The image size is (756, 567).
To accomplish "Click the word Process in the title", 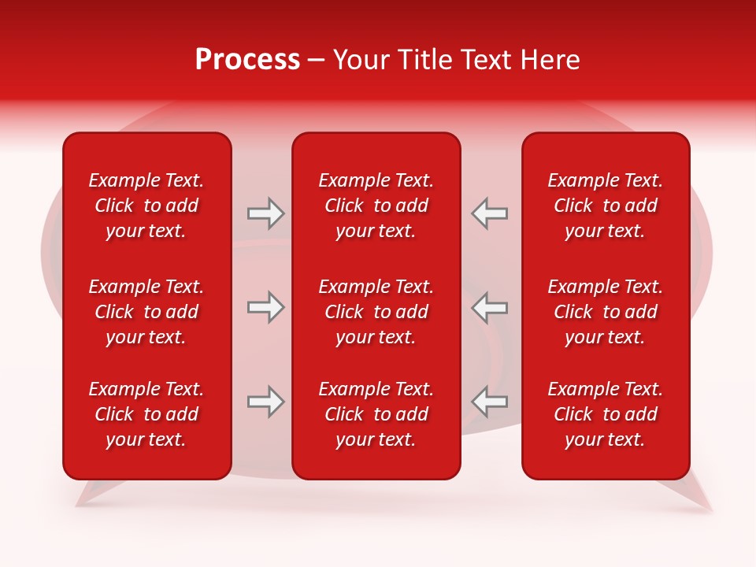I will (247, 60).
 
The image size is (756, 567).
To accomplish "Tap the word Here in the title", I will (550, 60).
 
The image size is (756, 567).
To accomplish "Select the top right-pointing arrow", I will (265, 213).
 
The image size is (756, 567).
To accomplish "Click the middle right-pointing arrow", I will (265, 307).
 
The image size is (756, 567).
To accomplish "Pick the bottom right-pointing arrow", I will (265, 402).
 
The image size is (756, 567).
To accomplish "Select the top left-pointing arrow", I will (490, 213).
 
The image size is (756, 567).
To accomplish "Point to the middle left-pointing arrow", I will (490, 307).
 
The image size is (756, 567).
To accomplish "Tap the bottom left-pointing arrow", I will (490, 402).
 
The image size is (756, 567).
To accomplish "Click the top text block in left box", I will (146, 206).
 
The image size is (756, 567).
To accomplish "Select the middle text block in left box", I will (146, 312).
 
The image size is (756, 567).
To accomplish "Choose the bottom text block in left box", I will (146, 414).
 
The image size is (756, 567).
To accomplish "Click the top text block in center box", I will (376, 206).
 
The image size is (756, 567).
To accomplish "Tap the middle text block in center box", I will (376, 312).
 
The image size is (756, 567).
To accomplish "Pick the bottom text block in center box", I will (376, 414).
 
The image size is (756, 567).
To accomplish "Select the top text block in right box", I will (605, 206).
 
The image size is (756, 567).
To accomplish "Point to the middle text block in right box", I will (605, 312).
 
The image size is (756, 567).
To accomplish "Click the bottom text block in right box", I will (605, 414).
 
